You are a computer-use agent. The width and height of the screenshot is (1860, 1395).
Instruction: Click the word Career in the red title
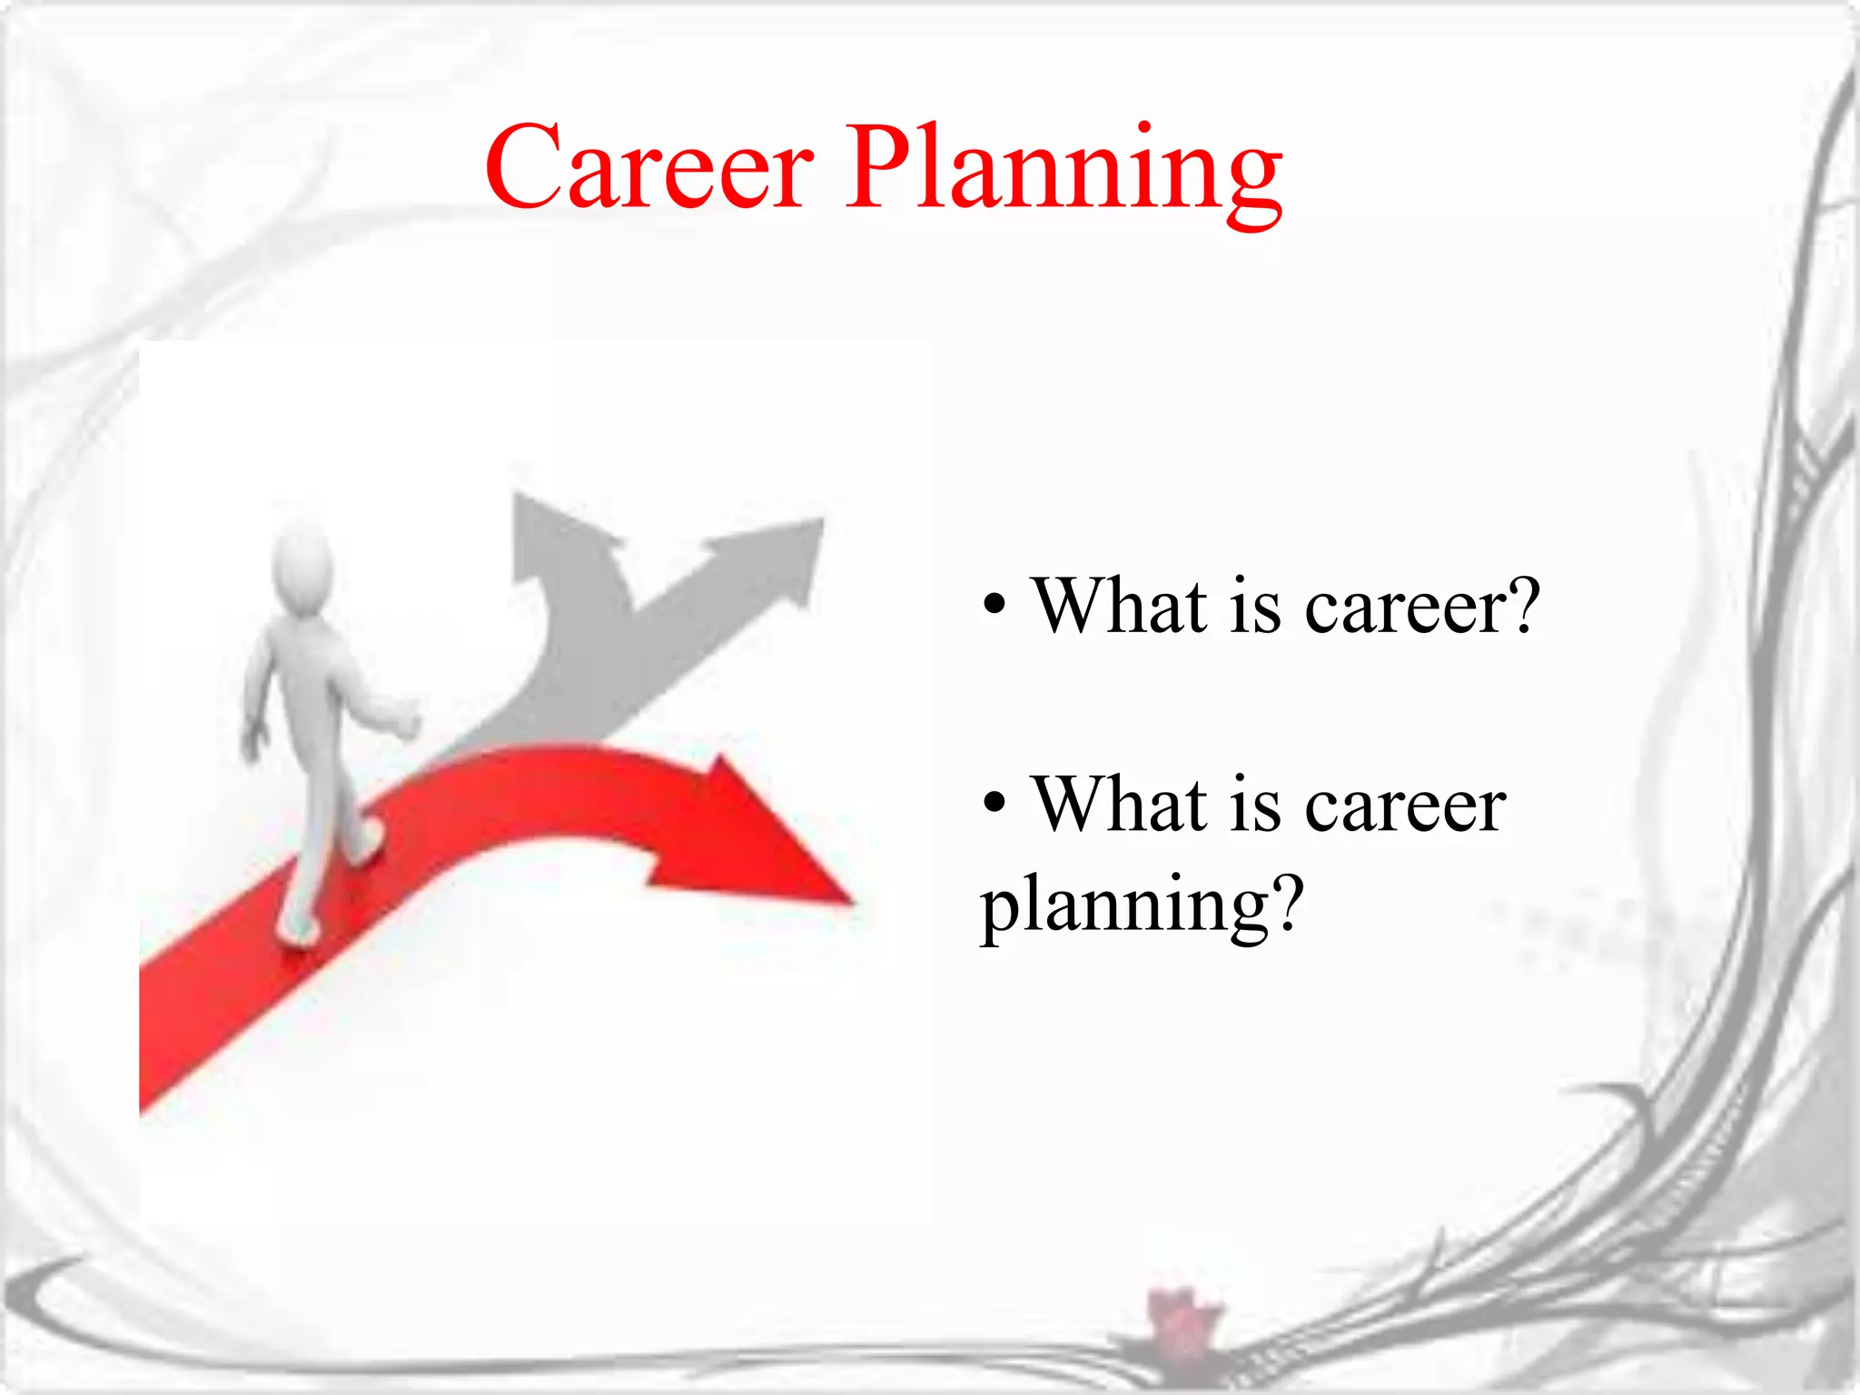coord(648,168)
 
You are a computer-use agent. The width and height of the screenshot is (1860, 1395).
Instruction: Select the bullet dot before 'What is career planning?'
coord(994,802)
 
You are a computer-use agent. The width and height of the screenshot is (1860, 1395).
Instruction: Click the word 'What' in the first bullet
coord(1121,605)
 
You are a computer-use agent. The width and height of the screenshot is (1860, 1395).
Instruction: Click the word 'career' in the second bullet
coord(1406,806)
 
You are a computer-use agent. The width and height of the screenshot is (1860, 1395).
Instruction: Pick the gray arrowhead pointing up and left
coord(554,531)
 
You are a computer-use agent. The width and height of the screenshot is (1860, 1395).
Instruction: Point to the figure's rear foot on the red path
coord(298,931)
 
